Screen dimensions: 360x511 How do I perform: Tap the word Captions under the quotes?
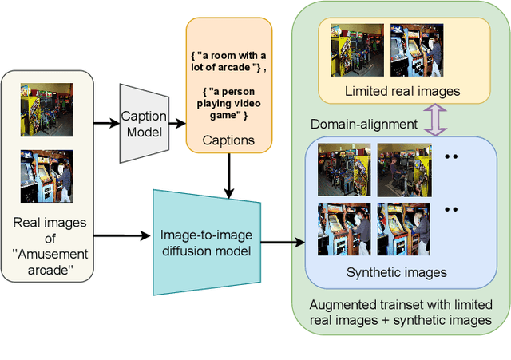click(x=229, y=140)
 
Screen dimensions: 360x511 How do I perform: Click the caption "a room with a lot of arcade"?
click(x=228, y=60)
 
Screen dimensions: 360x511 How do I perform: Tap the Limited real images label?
click(x=402, y=91)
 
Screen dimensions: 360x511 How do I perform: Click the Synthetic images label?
click(x=396, y=273)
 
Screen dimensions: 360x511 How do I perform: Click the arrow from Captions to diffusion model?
click(x=229, y=174)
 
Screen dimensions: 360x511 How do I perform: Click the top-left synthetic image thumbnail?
click(x=343, y=168)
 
